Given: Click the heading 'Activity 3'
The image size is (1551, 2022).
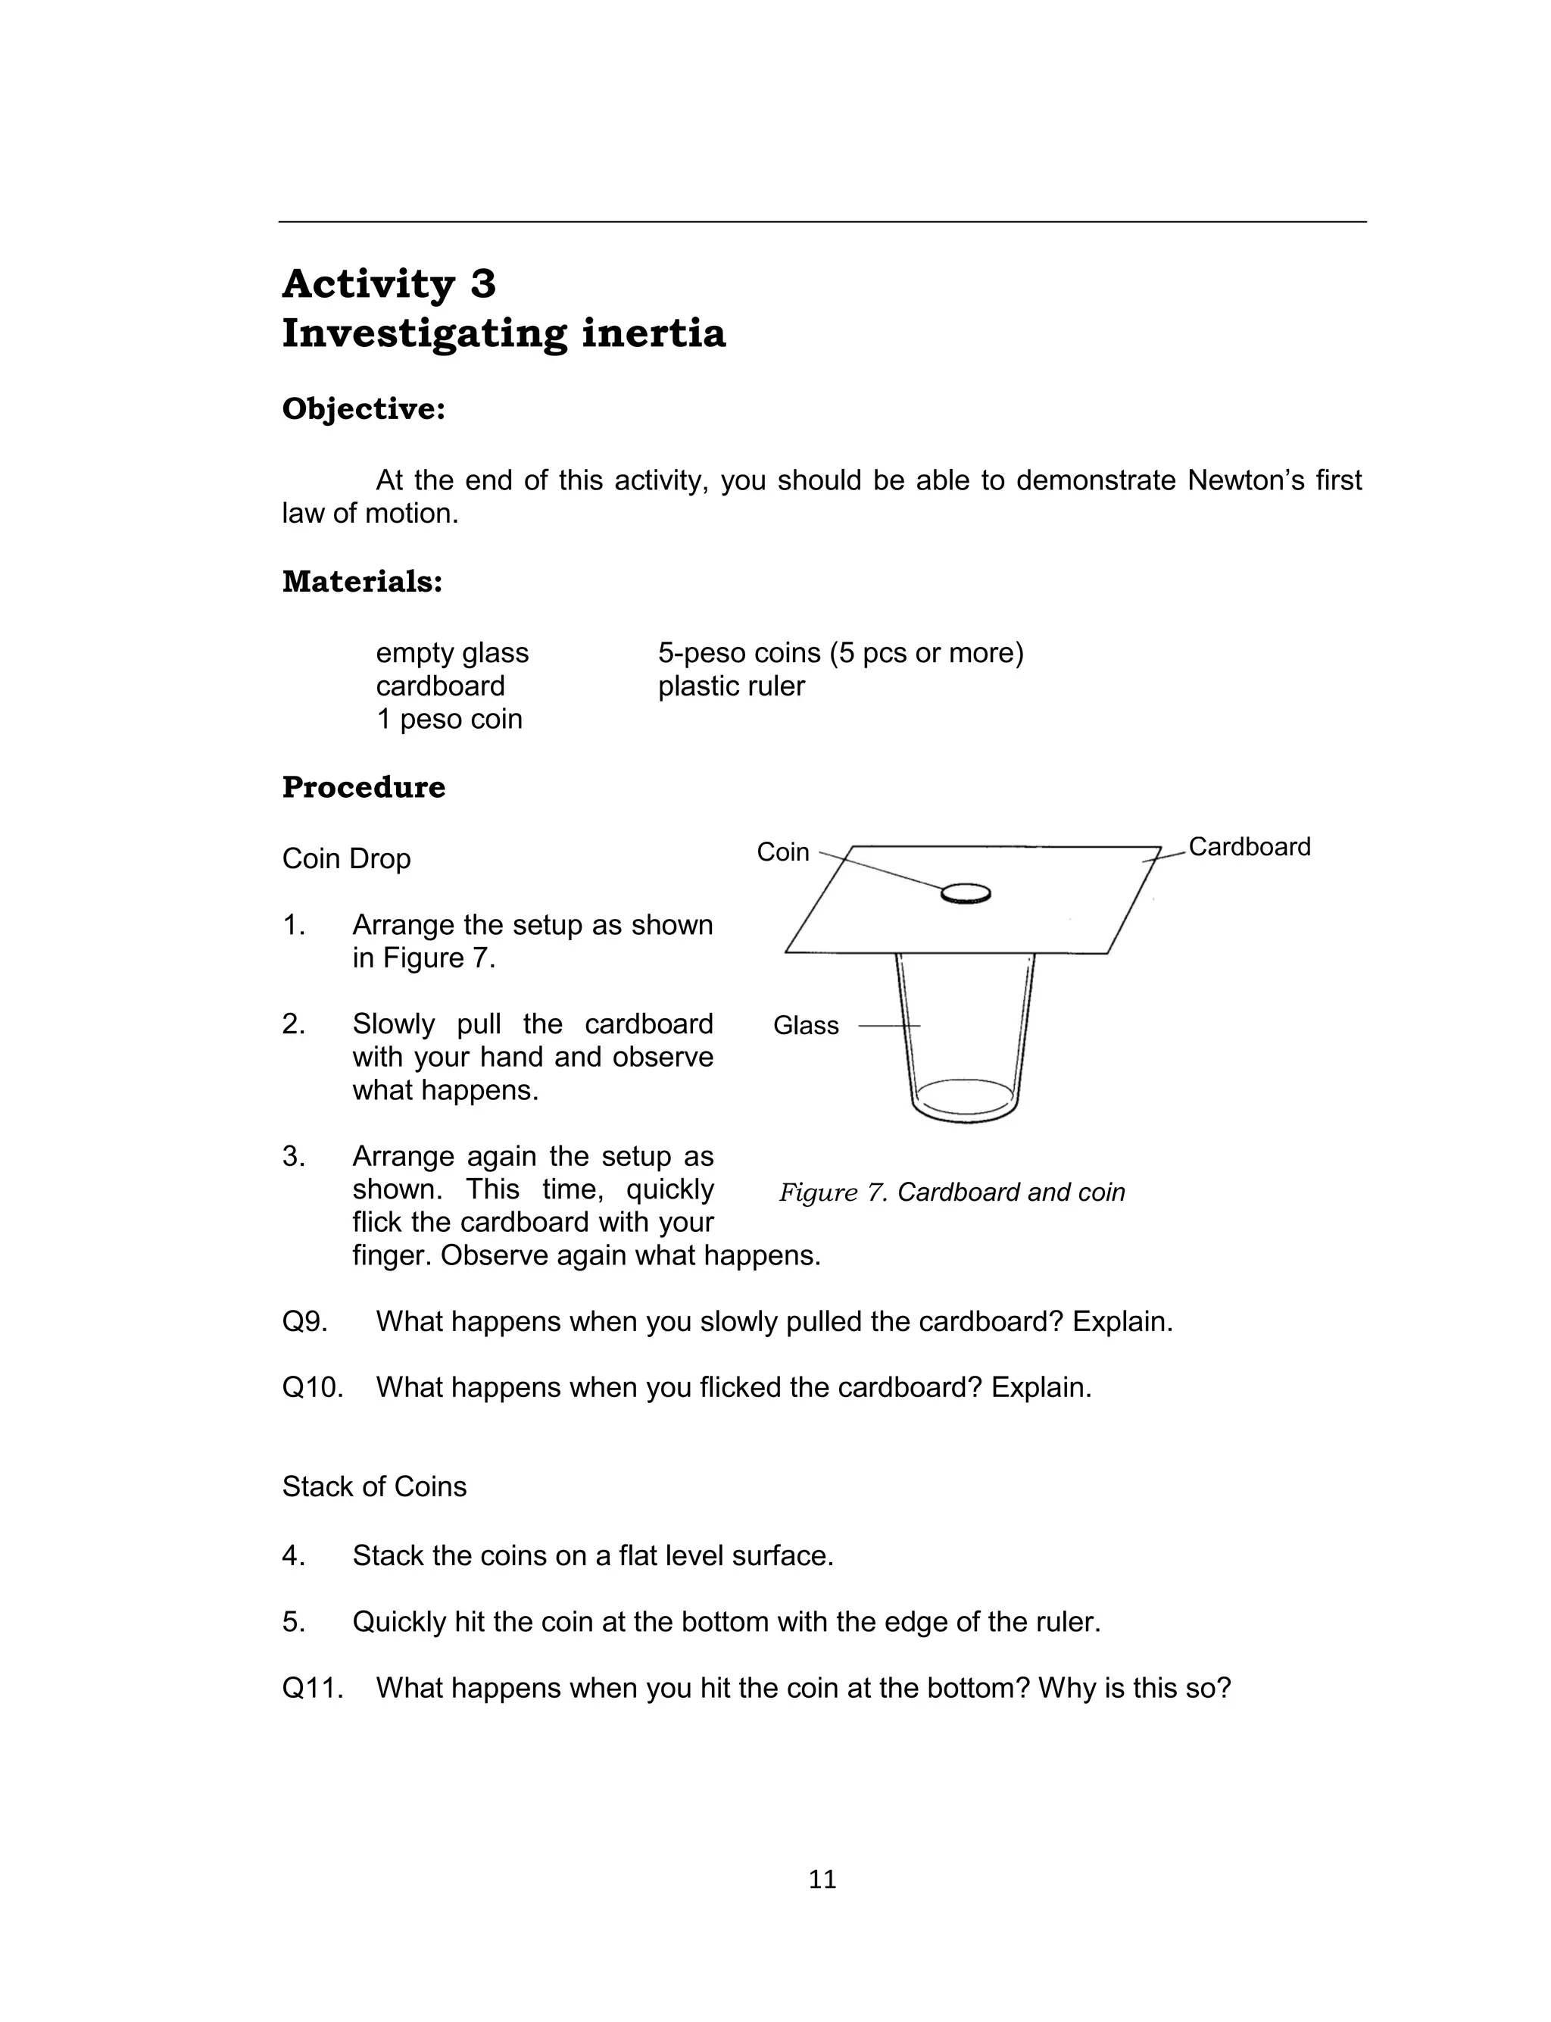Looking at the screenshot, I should tap(389, 283).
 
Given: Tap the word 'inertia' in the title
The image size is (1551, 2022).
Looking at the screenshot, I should tap(654, 333).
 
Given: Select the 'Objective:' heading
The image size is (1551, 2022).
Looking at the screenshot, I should tap(363, 408).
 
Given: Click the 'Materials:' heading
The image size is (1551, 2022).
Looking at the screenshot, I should tap(362, 582).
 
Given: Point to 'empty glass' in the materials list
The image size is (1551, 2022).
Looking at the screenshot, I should tap(451, 653).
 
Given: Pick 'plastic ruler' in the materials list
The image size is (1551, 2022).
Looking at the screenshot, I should tap(731, 686).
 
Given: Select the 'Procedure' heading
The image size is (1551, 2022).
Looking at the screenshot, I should tap(363, 788).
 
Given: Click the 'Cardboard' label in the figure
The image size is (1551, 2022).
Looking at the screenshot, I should tap(1249, 847).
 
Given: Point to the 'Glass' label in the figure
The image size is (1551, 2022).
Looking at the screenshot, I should tap(806, 1025).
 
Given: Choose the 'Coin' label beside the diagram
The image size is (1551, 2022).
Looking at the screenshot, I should tap(783, 852).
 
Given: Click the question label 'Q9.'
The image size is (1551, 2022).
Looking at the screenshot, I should tap(304, 1321).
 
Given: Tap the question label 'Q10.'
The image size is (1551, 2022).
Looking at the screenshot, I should tap(312, 1387).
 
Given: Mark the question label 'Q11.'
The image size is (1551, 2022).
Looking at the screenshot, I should tap(312, 1688).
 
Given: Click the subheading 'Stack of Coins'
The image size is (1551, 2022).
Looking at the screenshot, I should tap(374, 1486).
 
